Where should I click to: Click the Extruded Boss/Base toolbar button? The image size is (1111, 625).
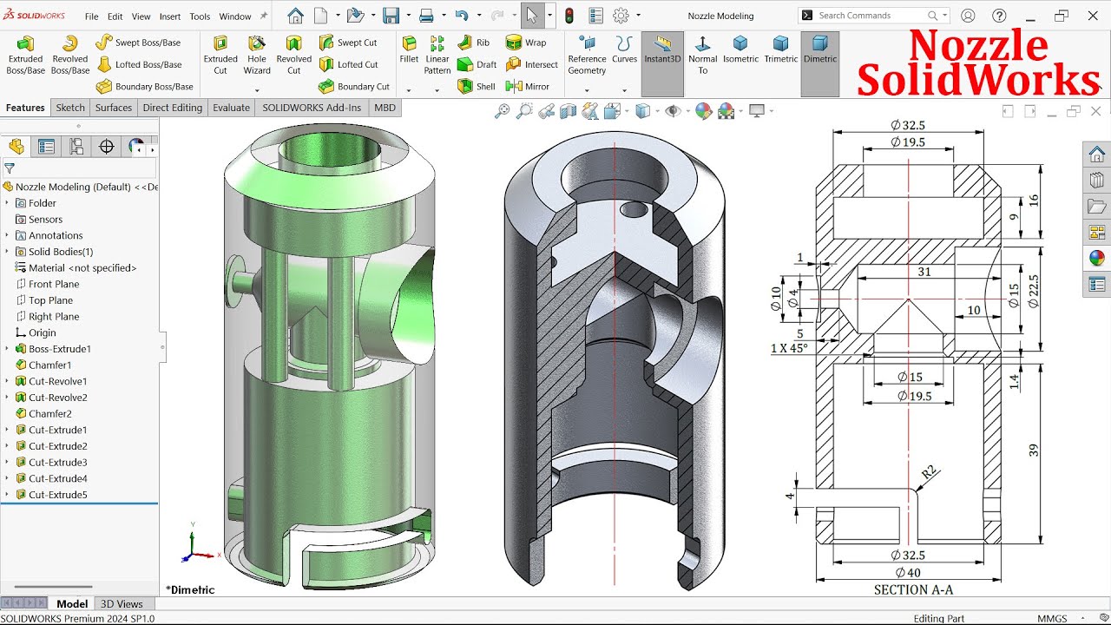click(x=25, y=54)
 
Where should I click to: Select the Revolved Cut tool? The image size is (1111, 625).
click(x=293, y=54)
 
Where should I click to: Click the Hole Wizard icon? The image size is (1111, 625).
click(x=257, y=54)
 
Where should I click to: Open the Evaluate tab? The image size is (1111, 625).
click(x=231, y=108)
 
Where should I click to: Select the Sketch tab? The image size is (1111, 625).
click(x=70, y=108)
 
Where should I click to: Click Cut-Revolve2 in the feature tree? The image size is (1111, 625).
click(x=57, y=398)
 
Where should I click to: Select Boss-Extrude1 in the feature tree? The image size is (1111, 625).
click(x=59, y=349)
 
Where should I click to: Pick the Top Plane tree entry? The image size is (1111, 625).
click(x=50, y=300)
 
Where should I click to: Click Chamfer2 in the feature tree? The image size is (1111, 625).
click(x=49, y=414)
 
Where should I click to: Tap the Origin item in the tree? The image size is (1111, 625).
click(x=42, y=332)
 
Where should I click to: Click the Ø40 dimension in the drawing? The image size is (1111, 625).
click(x=908, y=572)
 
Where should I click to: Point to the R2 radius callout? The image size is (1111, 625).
click(x=929, y=472)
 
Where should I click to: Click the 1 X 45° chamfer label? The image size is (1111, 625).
click(x=789, y=348)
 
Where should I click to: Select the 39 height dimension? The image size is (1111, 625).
click(x=1033, y=450)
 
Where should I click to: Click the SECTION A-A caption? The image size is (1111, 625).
click(x=913, y=590)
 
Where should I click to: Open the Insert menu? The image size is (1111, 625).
click(x=170, y=16)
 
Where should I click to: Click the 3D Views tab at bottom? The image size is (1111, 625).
click(x=122, y=604)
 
